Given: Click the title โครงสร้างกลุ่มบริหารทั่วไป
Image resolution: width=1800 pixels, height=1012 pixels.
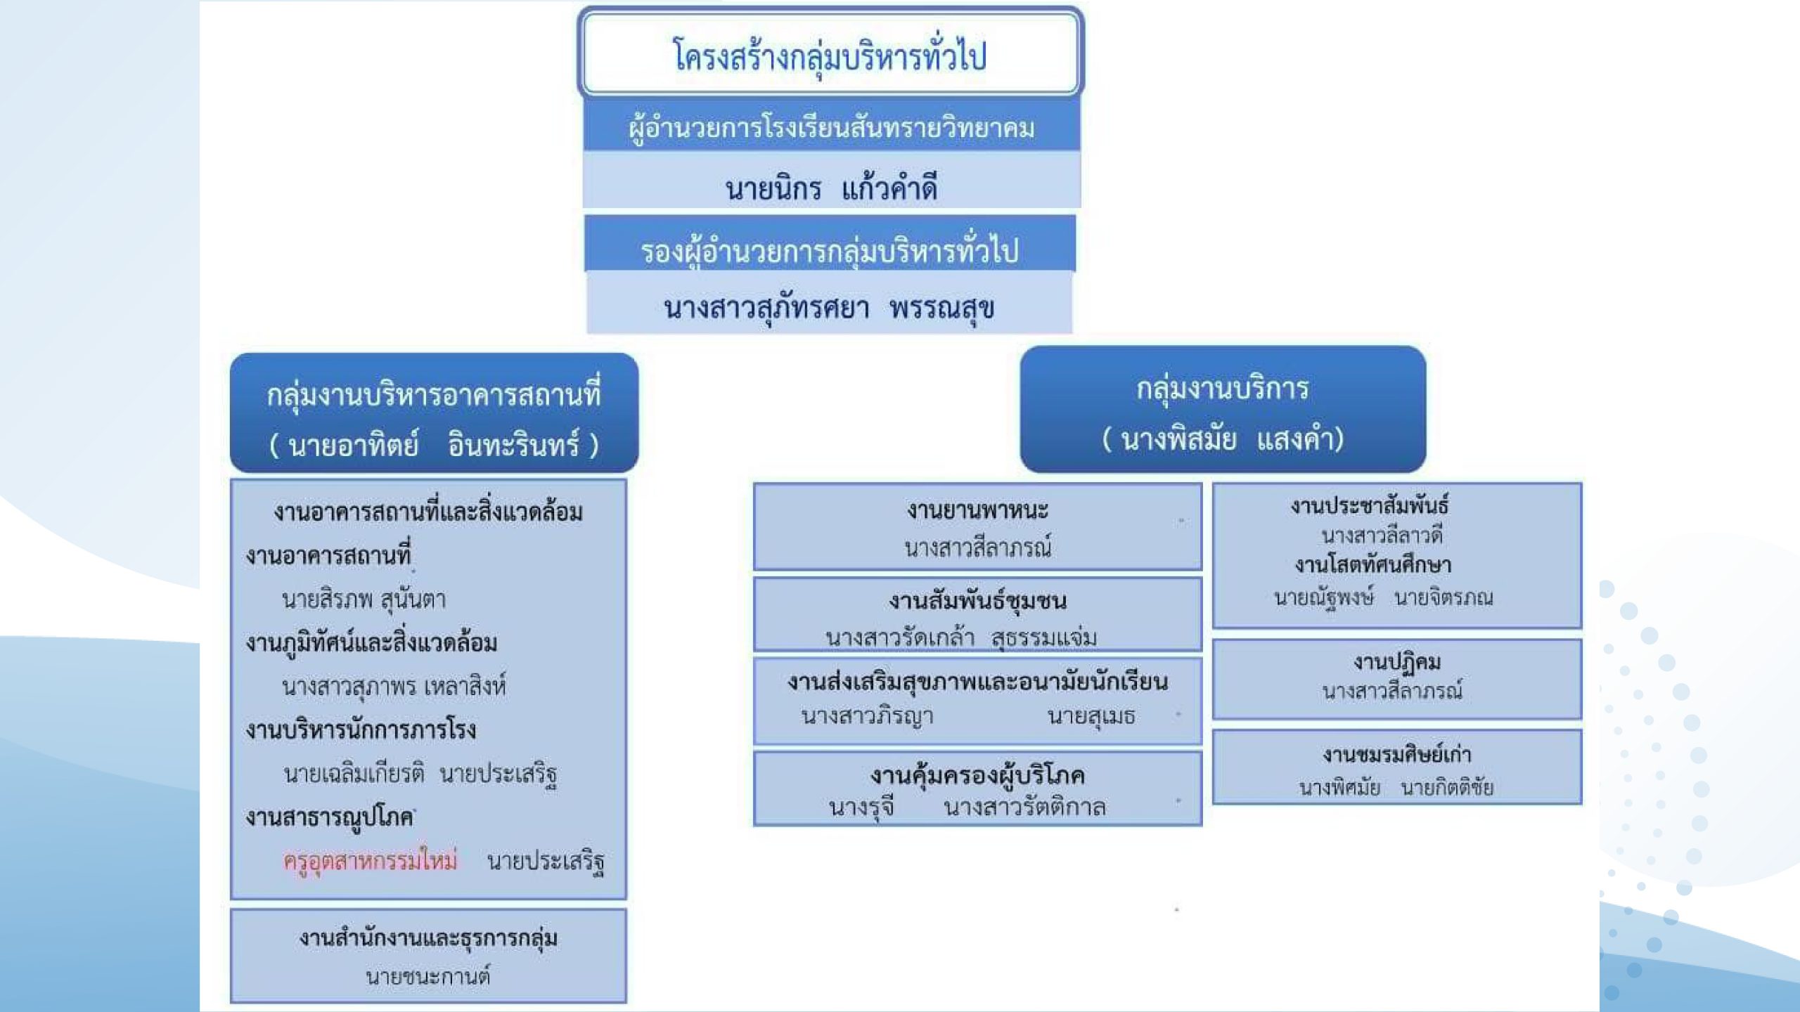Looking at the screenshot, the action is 830,56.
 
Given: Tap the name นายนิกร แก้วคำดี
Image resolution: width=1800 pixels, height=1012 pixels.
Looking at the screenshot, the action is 831,188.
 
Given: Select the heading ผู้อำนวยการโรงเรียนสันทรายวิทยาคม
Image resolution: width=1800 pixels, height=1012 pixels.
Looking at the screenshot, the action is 831,129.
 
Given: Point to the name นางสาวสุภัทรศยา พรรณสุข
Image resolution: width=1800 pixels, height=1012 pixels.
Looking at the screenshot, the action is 829,308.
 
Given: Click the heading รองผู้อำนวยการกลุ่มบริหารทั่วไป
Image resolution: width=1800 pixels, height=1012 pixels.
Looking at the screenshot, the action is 829,250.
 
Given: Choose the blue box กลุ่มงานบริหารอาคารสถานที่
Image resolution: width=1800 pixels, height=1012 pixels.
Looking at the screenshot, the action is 434,413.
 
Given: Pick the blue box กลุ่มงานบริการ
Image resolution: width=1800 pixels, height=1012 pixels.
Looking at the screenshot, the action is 1223,409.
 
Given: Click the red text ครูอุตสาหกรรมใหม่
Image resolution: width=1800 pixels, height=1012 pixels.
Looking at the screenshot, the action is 370,860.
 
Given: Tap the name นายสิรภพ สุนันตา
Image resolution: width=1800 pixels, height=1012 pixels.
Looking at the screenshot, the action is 364,599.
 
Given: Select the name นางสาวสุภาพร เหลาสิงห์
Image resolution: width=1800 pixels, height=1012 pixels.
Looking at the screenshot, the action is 394,686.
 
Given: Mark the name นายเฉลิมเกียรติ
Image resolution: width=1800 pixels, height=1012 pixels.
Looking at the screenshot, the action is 354,773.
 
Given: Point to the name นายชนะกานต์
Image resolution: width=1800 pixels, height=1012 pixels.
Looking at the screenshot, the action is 427,976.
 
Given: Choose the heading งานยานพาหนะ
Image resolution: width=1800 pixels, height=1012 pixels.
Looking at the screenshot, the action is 977,510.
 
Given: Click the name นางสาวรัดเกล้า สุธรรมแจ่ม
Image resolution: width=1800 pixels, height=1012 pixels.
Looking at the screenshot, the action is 961,637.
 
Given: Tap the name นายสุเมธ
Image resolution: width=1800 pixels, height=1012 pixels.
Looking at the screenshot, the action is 1091,716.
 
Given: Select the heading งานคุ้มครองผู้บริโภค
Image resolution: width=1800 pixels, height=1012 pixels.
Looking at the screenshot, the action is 977,775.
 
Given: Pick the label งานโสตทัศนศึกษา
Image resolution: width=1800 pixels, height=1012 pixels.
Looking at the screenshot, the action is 1372,565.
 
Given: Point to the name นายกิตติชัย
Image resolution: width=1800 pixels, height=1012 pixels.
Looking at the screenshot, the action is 1447,787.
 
